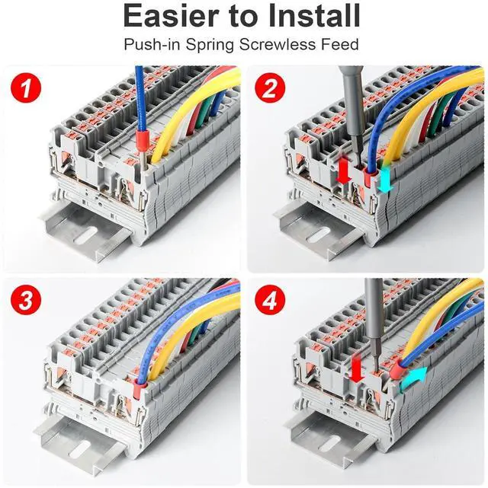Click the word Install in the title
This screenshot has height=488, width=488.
310,16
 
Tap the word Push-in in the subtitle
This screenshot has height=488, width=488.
150,44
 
